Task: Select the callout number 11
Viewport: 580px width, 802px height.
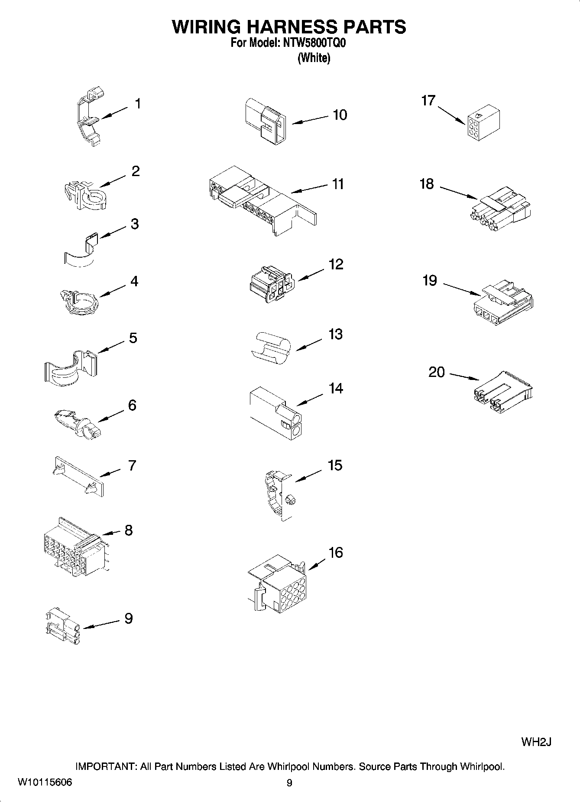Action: pos(338,184)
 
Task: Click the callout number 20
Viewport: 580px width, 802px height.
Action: pos(437,372)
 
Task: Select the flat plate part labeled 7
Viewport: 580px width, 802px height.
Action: pos(78,476)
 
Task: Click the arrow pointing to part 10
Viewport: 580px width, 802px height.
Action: pos(310,120)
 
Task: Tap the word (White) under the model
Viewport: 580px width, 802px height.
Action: pos(314,58)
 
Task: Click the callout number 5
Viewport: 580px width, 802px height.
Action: pos(133,338)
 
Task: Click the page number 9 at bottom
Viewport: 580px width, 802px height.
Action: pos(289,783)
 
